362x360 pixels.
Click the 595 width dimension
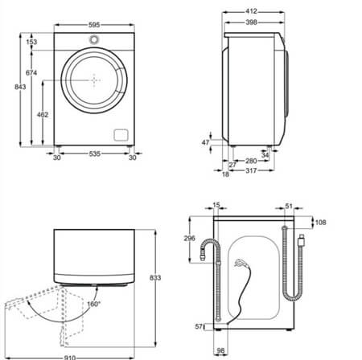pos(94,26)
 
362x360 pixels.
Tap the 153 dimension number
pos(32,41)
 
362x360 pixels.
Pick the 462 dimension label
pos(43,115)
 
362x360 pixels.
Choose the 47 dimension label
pos(205,141)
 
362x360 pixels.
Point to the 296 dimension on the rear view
pos(191,238)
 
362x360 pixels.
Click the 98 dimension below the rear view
pos(220,350)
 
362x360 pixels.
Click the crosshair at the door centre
pos(95,81)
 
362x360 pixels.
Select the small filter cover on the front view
pos(121,134)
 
